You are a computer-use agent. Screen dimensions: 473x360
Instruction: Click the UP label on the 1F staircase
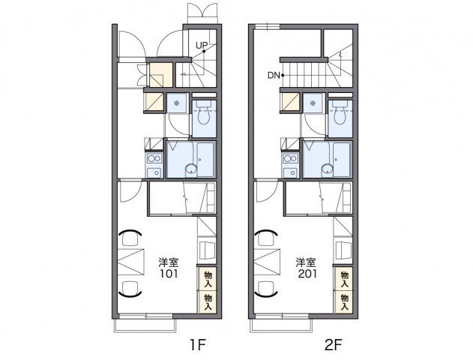pos(201,46)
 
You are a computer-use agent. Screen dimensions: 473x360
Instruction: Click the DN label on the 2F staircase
pos(274,76)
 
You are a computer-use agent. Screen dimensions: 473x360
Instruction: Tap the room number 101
pos(169,274)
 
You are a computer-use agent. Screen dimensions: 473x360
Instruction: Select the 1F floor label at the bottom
pos(198,344)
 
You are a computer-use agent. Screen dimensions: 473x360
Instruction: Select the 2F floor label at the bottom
pos(334,344)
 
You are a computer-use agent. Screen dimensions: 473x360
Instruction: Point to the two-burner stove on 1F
pos(154,158)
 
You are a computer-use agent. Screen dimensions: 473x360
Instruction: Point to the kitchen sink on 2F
pos(291,173)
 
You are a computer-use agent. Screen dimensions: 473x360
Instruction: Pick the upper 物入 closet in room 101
pos(208,279)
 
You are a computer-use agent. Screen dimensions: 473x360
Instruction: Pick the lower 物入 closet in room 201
pos(344,302)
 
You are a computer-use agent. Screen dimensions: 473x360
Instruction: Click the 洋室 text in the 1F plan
pos(169,262)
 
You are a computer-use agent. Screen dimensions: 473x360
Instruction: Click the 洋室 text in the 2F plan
pos(305,262)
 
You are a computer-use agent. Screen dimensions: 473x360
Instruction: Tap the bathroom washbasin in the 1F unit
pos(190,169)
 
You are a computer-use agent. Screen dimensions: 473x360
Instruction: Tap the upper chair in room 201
pos(265,238)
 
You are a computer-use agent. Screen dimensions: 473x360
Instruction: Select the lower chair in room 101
pos(130,289)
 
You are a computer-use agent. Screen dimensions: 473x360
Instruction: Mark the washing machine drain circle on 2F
pos(313,103)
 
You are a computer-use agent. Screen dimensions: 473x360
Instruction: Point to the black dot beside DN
pos(283,76)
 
